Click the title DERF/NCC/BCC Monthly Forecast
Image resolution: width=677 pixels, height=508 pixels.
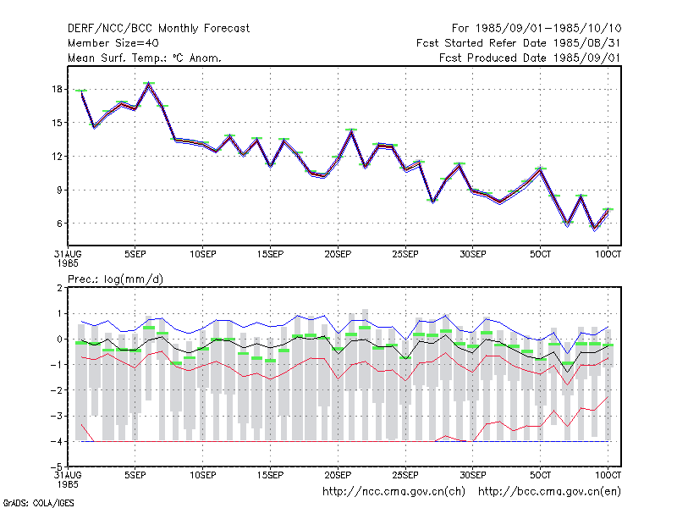pos(158,29)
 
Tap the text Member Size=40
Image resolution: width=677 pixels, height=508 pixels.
pos(113,43)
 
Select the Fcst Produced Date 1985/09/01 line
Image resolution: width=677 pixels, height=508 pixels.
pos(530,58)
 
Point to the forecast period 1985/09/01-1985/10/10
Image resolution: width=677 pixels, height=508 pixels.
pos(537,29)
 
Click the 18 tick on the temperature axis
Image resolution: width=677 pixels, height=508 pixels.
pos(57,90)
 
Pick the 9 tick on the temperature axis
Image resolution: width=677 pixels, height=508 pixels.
pos(59,190)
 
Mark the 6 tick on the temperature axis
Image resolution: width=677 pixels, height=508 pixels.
pos(59,224)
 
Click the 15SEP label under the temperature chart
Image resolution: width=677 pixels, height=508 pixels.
pos(270,254)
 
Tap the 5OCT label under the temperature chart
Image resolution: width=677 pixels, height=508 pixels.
pos(540,254)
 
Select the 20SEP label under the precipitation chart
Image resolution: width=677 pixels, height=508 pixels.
pos(338,475)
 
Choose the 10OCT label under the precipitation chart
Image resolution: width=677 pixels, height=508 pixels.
pos(608,475)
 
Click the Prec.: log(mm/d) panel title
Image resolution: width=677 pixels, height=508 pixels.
pos(115,279)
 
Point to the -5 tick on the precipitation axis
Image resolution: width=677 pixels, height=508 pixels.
pos(57,467)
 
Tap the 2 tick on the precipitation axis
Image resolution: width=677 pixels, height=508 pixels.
pos(59,288)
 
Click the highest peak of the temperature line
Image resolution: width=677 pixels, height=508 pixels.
pos(149,84)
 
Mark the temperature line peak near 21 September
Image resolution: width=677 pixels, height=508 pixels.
pos(351,131)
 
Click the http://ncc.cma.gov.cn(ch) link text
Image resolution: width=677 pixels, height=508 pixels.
pos(394,492)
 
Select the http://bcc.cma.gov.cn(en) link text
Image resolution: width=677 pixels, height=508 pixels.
pos(549,492)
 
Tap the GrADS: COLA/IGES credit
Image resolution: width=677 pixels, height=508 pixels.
pos(38,503)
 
